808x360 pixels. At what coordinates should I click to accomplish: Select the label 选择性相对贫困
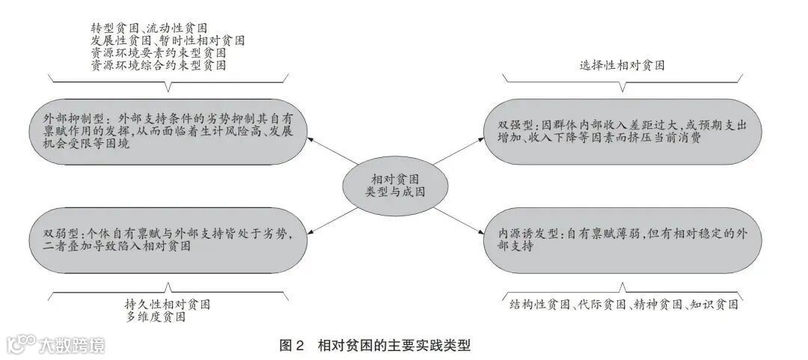click(622, 65)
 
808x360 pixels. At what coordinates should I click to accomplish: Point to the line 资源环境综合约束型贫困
click(159, 66)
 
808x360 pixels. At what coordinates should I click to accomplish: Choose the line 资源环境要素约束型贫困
click(159, 53)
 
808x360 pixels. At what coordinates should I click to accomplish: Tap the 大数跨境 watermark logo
click(56, 344)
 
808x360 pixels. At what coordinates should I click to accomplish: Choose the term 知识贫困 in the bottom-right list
click(714, 305)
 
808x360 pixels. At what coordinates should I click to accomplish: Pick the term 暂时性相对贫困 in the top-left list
click(203, 40)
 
